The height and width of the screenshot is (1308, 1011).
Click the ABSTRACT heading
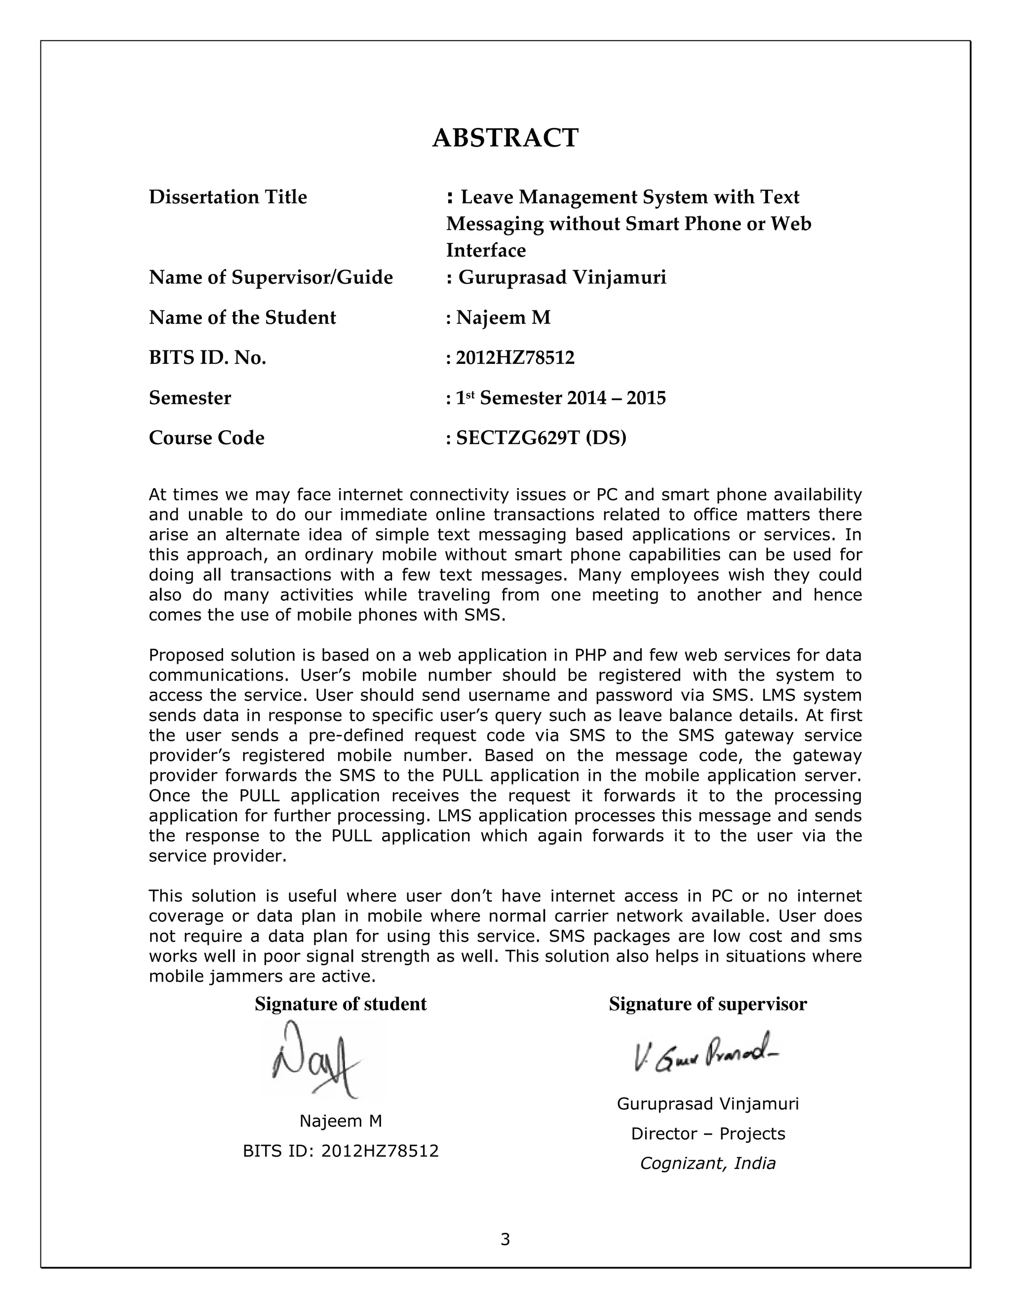point(505,138)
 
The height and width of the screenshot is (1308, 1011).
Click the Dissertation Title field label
point(228,197)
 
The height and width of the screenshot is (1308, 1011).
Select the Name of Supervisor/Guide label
point(271,277)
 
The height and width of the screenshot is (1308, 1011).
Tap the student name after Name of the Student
point(503,317)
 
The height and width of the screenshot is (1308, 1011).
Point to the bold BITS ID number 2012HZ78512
point(515,357)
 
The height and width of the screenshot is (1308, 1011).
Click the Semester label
point(190,398)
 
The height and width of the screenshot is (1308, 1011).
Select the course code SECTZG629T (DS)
point(541,438)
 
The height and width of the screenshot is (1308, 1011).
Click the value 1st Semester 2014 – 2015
point(561,398)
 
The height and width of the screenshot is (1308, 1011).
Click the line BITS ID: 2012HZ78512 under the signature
point(340,1151)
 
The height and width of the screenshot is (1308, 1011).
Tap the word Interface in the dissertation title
point(486,250)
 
